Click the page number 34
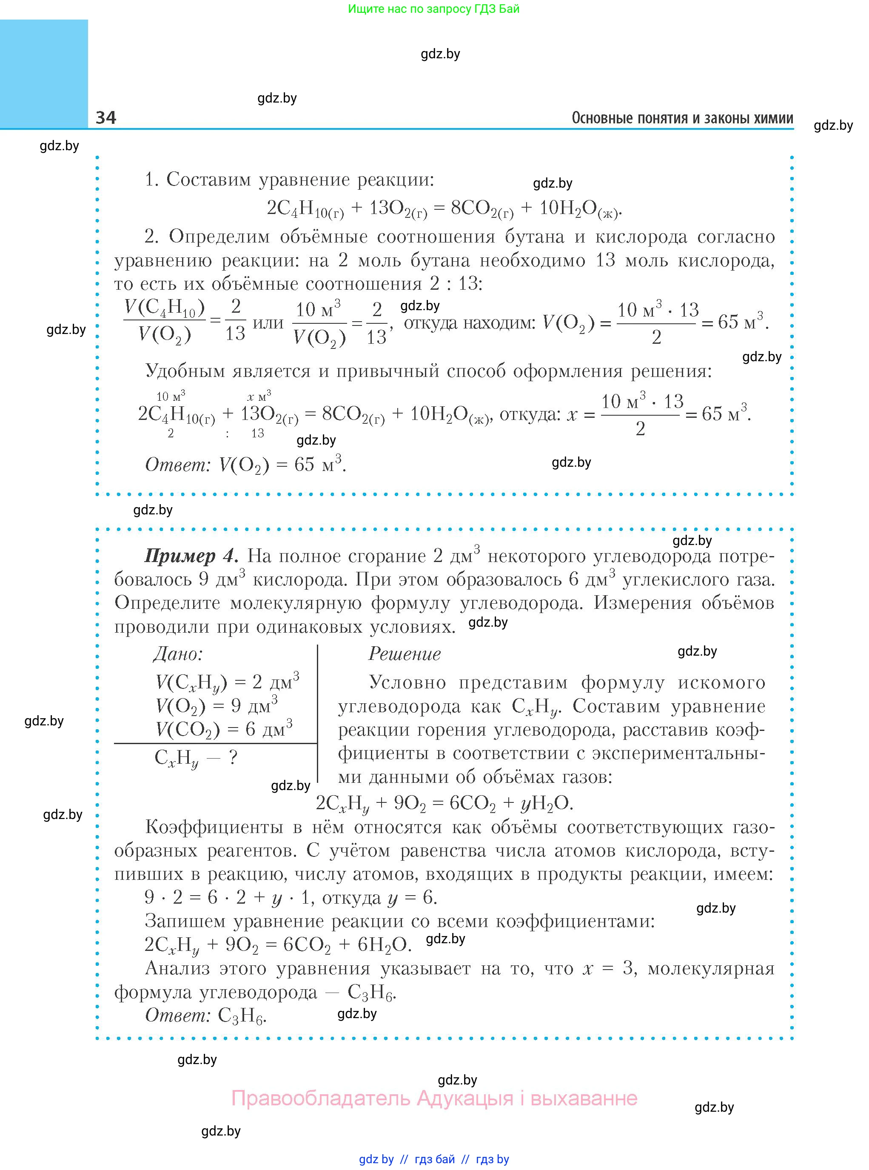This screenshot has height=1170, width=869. click(106, 117)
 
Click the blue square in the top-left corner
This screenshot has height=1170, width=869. click(44, 73)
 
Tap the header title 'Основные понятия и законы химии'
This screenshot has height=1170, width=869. click(682, 118)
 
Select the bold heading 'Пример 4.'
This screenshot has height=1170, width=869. click(191, 556)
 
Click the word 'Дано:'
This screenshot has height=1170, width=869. click(178, 654)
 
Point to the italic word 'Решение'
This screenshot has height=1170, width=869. click(404, 654)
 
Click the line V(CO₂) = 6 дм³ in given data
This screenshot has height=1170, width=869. click(224, 729)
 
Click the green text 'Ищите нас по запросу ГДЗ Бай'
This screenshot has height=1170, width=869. click(433, 9)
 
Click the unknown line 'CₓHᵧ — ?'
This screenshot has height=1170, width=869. click(196, 758)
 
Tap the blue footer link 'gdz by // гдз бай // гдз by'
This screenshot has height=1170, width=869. click(434, 1159)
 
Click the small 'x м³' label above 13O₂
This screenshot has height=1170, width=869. click(259, 396)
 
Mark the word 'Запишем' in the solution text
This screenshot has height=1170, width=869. click(184, 921)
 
